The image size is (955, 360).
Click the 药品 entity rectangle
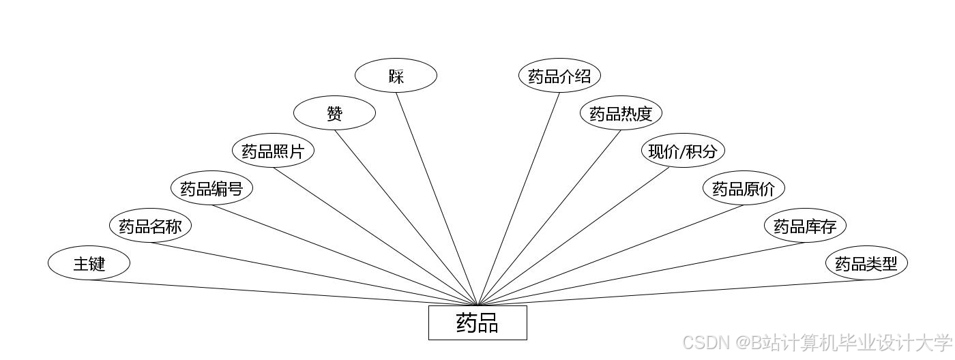[477, 322]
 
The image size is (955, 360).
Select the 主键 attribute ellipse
[89, 262]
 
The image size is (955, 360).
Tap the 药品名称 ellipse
[150, 226]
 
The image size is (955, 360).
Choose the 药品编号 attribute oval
[211, 188]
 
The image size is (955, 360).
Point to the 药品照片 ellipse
[273, 151]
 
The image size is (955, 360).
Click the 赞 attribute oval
[334, 113]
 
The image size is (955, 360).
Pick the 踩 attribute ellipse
[396, 76]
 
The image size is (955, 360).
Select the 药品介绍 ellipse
[559, 76]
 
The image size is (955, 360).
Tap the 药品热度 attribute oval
[621, 113]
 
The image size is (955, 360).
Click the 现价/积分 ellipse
[682, 151]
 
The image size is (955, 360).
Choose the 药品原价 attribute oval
[744, 188]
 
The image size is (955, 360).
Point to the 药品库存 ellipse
[805, 226]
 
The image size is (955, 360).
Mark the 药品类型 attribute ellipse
[866, 262]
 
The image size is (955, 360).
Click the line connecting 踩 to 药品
[437, 198]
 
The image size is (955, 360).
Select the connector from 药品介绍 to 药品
[519, 198]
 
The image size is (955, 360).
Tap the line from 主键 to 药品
[283, 292]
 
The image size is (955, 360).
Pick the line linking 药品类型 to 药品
[672, 292]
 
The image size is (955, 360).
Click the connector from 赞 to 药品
[406, 217]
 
